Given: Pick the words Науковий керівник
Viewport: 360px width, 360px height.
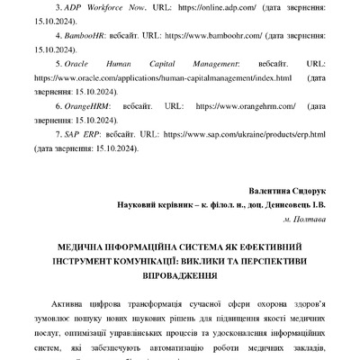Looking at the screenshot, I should pos(157,204).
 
